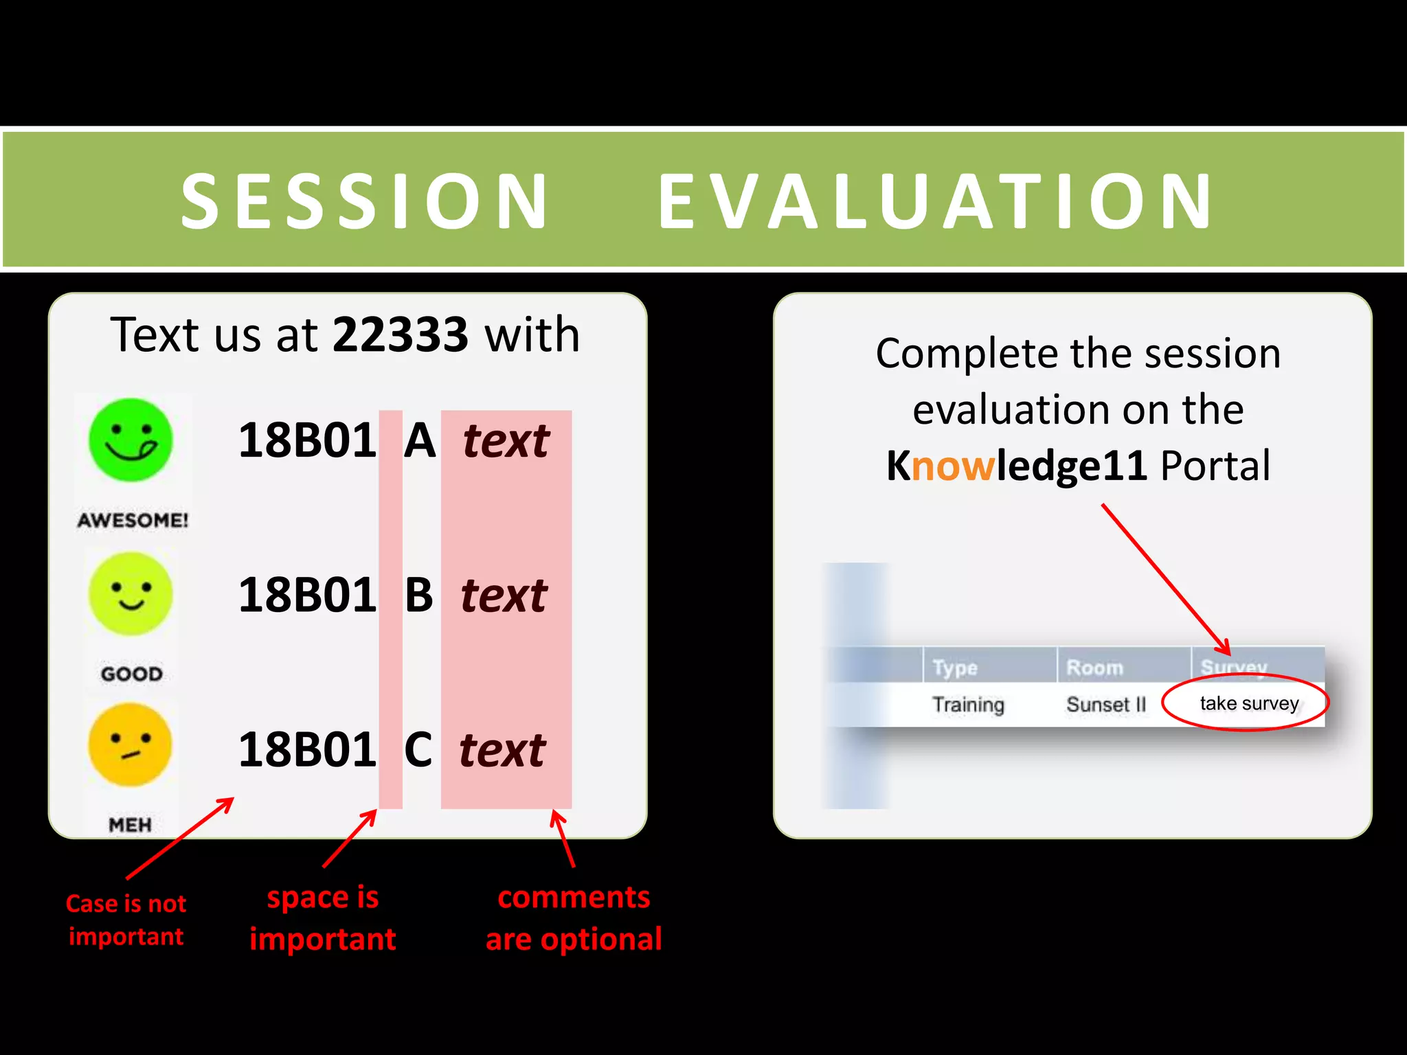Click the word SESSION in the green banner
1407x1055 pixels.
click(364, 201)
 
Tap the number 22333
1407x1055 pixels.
click(401, 334)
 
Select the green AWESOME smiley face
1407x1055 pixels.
click(131, 440)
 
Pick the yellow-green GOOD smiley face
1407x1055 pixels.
click(131, 594)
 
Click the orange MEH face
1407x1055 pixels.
click(131, 745)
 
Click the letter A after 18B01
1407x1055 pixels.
click(420, 440)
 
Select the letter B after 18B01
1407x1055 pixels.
click(418, 595)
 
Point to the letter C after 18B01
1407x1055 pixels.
click(418, 749)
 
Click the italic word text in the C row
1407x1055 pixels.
click(502, 750)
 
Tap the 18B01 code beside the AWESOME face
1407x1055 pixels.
click(306, 440)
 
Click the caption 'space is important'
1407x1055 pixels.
click(322, 918)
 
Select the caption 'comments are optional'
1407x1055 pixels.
click(574, 918)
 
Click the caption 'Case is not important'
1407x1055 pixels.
click(126, 920)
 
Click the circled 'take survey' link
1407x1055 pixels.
click(1248, 703)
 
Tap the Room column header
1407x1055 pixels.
click(1094, 667)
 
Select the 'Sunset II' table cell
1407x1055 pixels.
click(1105, 705)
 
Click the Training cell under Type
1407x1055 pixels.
click(968, 705)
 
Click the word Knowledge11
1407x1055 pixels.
click(1016, 466)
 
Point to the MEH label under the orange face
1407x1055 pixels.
click(130, 824)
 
